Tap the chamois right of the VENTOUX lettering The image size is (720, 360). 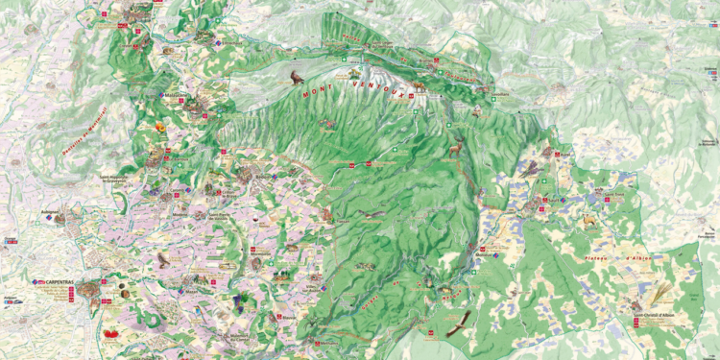pos(420,86)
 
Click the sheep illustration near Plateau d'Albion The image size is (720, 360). pos(588,219)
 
